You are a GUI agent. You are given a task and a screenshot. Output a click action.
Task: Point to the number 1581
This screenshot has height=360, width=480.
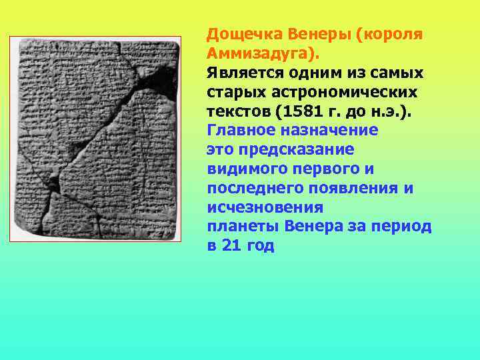pos(327,111)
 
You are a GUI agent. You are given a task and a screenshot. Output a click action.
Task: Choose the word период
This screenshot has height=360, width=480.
pos(407,226)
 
